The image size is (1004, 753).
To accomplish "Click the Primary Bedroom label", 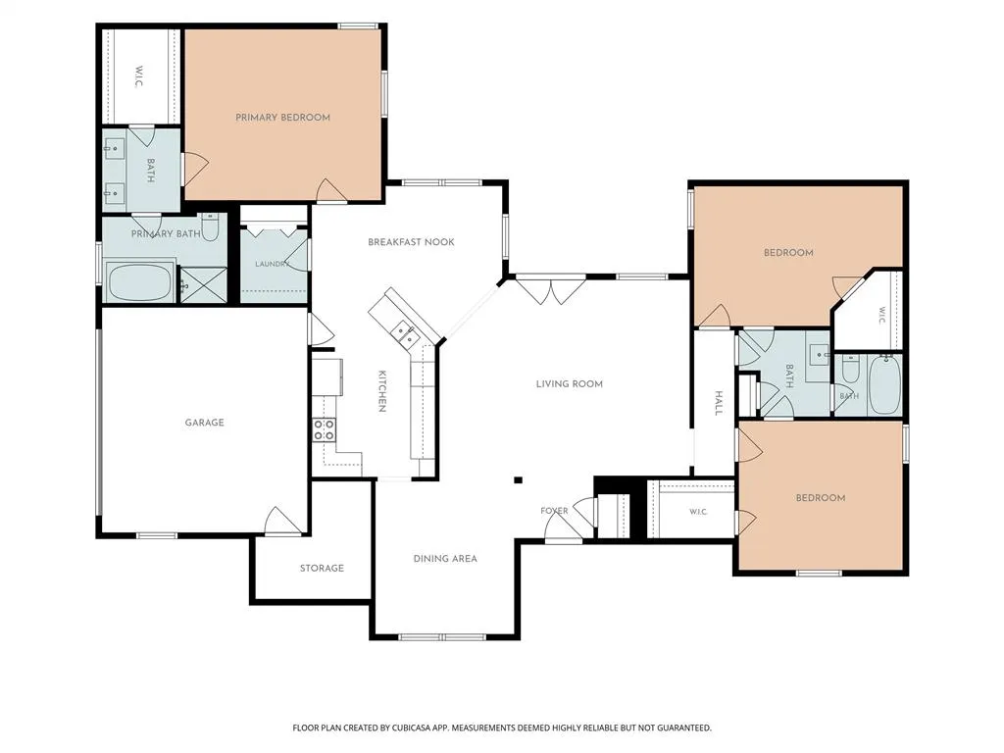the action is click(x=282, y=118).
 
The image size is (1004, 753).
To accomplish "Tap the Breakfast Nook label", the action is click(x=411, y=242).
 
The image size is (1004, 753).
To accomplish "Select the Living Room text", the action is click(x=570, y=384).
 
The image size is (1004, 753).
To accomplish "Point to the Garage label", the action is click(x=204, y=423).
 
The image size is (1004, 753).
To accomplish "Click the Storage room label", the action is click(x=322, y=568).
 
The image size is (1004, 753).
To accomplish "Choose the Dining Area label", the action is click(x=445, y=558).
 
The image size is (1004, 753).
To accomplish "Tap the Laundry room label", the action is click(x=273, y=264).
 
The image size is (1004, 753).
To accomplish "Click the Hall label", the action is click(x=719, y=403).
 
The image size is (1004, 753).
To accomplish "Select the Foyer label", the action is click(x=554, y=510).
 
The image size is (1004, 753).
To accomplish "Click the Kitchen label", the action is click(x=381, y=391).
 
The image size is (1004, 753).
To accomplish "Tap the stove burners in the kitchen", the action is click(x=324, y=429).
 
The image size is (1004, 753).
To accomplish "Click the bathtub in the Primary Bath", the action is click(x=139, y=281).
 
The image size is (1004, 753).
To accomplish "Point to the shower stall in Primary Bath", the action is click(x=201, y=285).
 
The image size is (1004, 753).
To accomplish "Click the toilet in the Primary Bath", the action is click(x=210, y=226).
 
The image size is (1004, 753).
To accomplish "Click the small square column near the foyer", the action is click(x=518, y=480).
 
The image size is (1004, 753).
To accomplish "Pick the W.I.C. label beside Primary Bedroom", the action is click(x=139, y=76).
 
